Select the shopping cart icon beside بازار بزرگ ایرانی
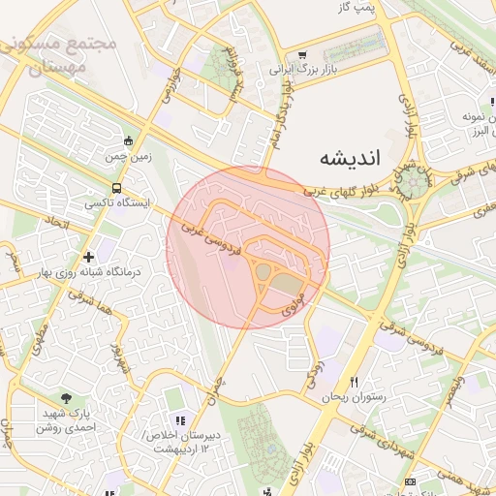pos(302,55)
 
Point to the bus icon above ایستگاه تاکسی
pos(117,188)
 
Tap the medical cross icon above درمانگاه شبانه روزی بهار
pos(88,257)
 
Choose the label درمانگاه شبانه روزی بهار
pos(88,272)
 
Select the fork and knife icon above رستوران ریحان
pos(354,382)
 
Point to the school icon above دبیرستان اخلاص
pos(179,419)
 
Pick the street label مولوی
pos(294,304)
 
